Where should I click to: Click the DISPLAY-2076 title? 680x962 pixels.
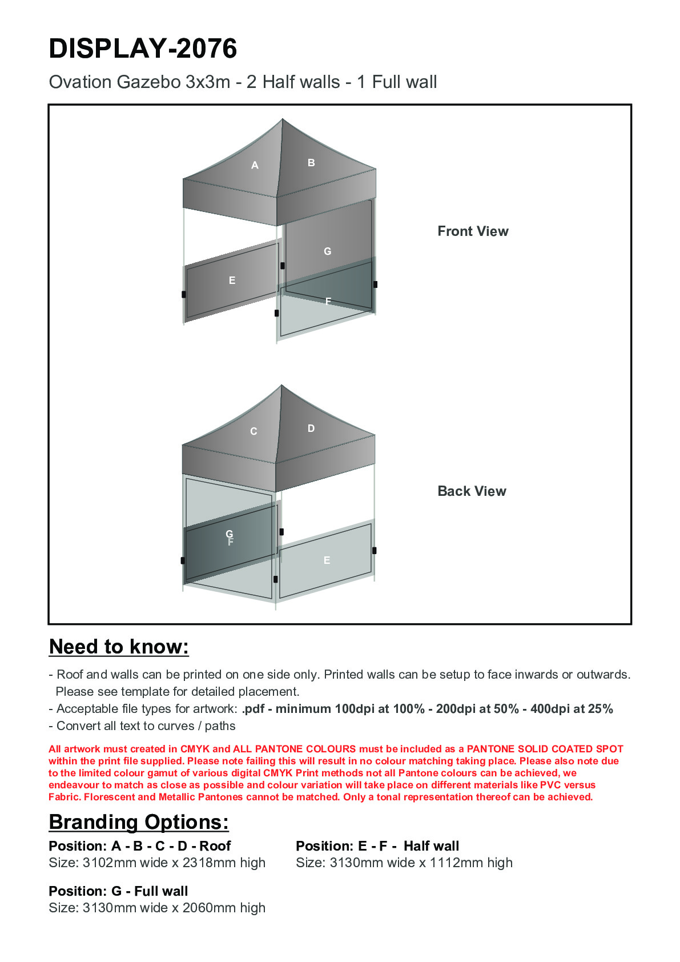click(x=143, y=49)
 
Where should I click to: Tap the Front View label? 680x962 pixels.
click(x=473, y=231)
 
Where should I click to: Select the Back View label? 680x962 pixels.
click(x=472, y=491)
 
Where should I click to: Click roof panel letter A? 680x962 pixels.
click(x=255, y=166)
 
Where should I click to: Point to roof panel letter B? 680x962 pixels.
click(x=311, y=163)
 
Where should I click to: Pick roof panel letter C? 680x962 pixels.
click(x=254, y=431)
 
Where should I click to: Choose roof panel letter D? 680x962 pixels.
click(x=311, y=428)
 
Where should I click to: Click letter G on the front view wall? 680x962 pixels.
click(x=327, y=251)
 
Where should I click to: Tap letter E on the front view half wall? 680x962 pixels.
click(x=232, y=280)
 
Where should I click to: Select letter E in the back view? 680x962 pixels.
click(x=327, y=560)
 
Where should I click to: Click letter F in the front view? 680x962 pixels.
click(x=328, y=301)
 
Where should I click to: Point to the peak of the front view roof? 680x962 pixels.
click(x=282, y=119)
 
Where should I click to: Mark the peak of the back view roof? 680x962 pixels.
click(x=281, y=386)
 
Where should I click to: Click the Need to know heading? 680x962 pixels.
click(x=119, y=647)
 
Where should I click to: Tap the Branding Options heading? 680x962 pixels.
click(x=139, y=822)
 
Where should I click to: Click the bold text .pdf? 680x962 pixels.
click(x=254, y=709)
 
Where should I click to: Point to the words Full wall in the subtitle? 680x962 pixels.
click(x=404, y=82)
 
